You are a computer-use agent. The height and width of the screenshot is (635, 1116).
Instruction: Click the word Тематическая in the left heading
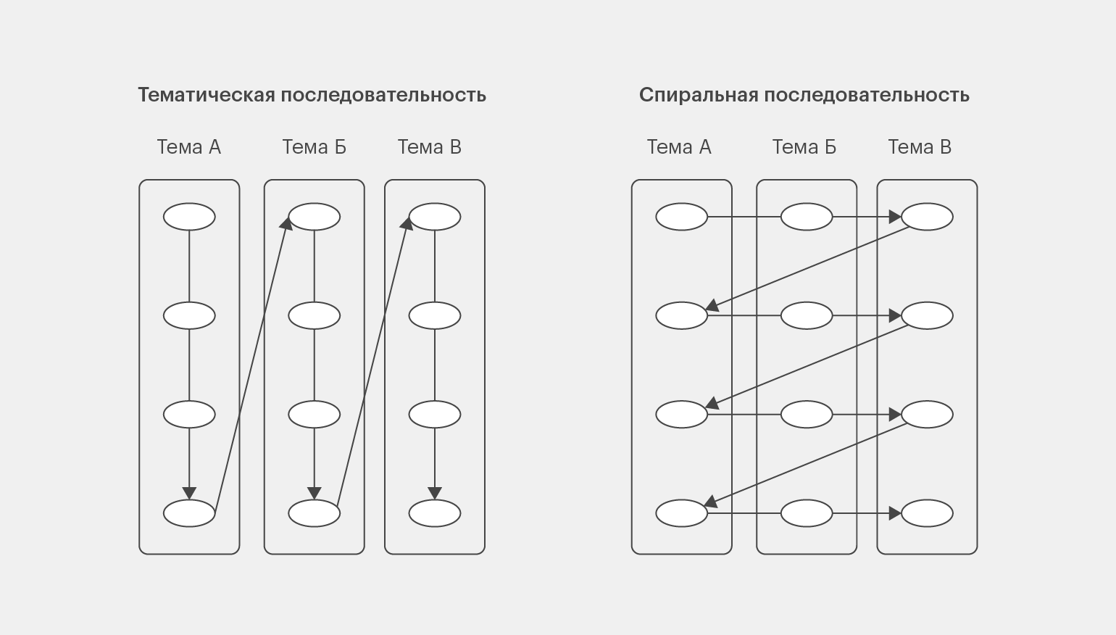coord(207,95)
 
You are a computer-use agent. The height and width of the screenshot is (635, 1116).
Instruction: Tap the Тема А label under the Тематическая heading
coord(189,147)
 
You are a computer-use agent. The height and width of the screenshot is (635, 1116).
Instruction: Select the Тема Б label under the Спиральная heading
coord(804,147)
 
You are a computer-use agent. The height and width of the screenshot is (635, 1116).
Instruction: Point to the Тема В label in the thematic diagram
coord(430,147)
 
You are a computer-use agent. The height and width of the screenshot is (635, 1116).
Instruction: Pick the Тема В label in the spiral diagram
coord(920,147)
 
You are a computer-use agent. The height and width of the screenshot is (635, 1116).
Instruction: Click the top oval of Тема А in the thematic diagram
coord(189,217)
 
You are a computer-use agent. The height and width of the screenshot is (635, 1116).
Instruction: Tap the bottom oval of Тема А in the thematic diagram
coord(189,513)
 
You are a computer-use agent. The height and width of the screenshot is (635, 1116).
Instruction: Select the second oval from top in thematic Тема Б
coord(315,315)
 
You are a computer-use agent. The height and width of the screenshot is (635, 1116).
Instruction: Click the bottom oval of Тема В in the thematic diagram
coord(435,513)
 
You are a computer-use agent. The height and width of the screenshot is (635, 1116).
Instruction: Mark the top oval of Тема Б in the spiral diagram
coord(807,217)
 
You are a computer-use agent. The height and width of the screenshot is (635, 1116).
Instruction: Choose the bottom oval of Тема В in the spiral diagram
coord(927,513)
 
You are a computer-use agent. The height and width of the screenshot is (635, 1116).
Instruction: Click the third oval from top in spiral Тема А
coord(681,414)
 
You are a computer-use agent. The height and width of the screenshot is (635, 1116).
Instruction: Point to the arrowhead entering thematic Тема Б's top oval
coord(286,223)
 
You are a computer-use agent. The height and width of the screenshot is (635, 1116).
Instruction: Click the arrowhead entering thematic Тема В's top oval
coord(407,223)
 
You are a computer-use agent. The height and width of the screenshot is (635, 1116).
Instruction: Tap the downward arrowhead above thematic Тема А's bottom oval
coord(189,494)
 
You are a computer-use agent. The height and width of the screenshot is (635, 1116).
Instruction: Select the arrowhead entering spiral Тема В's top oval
coord(895,217)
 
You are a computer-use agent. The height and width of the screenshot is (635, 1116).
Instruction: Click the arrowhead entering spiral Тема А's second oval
coord(712,305)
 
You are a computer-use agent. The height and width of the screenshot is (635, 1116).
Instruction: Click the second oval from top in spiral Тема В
coord(927,315)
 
